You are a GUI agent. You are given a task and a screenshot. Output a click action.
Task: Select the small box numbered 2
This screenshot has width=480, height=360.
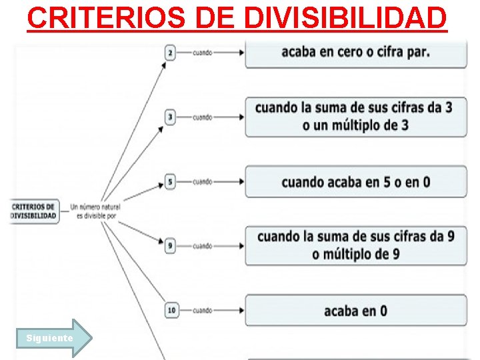[171, 53]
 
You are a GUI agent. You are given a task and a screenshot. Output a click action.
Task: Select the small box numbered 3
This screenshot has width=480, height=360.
[171, 117]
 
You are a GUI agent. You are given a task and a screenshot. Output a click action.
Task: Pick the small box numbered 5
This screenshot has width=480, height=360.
[171, 182]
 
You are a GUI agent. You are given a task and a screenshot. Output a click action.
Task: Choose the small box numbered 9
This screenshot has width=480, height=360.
[171, 246]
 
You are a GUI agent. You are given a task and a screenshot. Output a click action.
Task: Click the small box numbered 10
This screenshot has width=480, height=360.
[171, 311]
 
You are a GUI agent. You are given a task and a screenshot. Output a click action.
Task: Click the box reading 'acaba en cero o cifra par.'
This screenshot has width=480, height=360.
[356, 53]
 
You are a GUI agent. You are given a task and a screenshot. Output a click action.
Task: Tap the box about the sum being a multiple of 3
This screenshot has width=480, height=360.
[356, 117]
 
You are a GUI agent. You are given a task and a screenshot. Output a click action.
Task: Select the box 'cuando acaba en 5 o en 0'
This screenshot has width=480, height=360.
[356, 181]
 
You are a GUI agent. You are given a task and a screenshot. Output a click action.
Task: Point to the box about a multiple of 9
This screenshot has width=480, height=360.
[356, 245]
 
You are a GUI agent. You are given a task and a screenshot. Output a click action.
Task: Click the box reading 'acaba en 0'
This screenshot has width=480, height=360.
[356, 311]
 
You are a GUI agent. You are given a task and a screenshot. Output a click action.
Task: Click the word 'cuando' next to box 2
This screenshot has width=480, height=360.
[203, 53]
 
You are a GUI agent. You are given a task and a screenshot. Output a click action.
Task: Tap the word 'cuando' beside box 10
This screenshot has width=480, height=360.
[203, 311]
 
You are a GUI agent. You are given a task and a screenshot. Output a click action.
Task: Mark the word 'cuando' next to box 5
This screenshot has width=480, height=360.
[203, 182]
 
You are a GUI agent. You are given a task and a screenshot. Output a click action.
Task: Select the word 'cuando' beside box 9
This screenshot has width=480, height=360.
[203, 246]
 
